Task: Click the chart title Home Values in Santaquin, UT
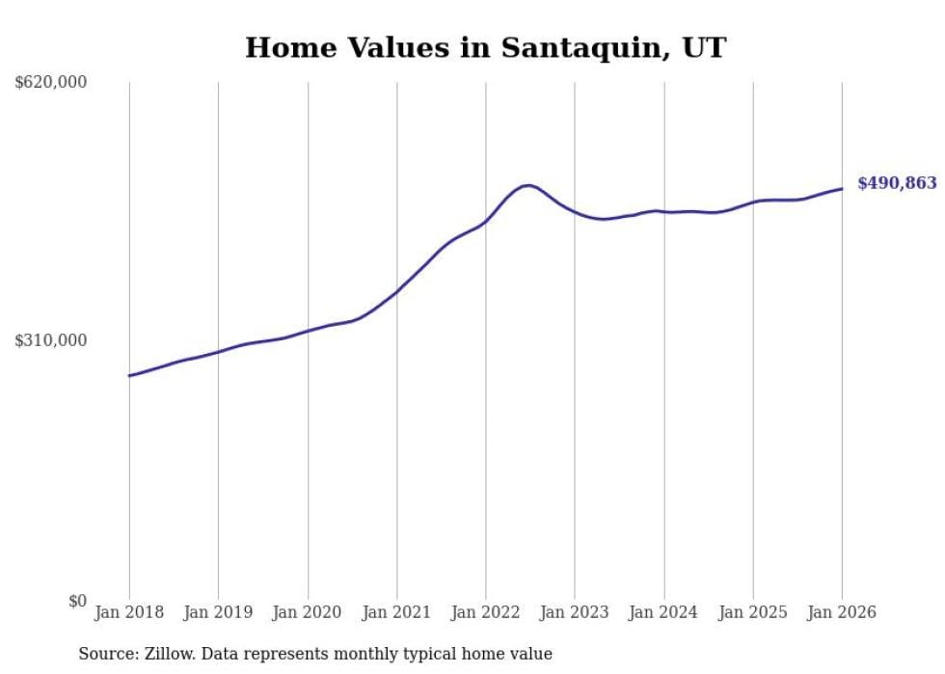pos(485,47)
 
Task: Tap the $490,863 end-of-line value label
pos(897,183)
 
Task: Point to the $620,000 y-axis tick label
pos(51,83)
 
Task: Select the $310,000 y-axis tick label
pos(51,340)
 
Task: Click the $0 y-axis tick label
pos(76,601)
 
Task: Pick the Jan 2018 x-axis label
pos(129,612)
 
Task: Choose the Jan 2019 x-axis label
pos(218,612)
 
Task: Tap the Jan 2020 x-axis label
pos(308,612)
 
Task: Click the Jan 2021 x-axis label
pos(396,612)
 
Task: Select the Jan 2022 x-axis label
pos(486,612)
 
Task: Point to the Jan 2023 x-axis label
pos(575,612)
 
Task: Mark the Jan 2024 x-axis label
pos(663,612)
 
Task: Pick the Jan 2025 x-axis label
pos(753,612)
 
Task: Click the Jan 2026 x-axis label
pos(842,612)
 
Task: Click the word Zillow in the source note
pos(166,654)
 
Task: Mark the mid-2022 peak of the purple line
pos(527,185)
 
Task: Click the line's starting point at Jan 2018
pos(129,375)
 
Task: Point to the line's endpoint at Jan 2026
pos(842,188)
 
